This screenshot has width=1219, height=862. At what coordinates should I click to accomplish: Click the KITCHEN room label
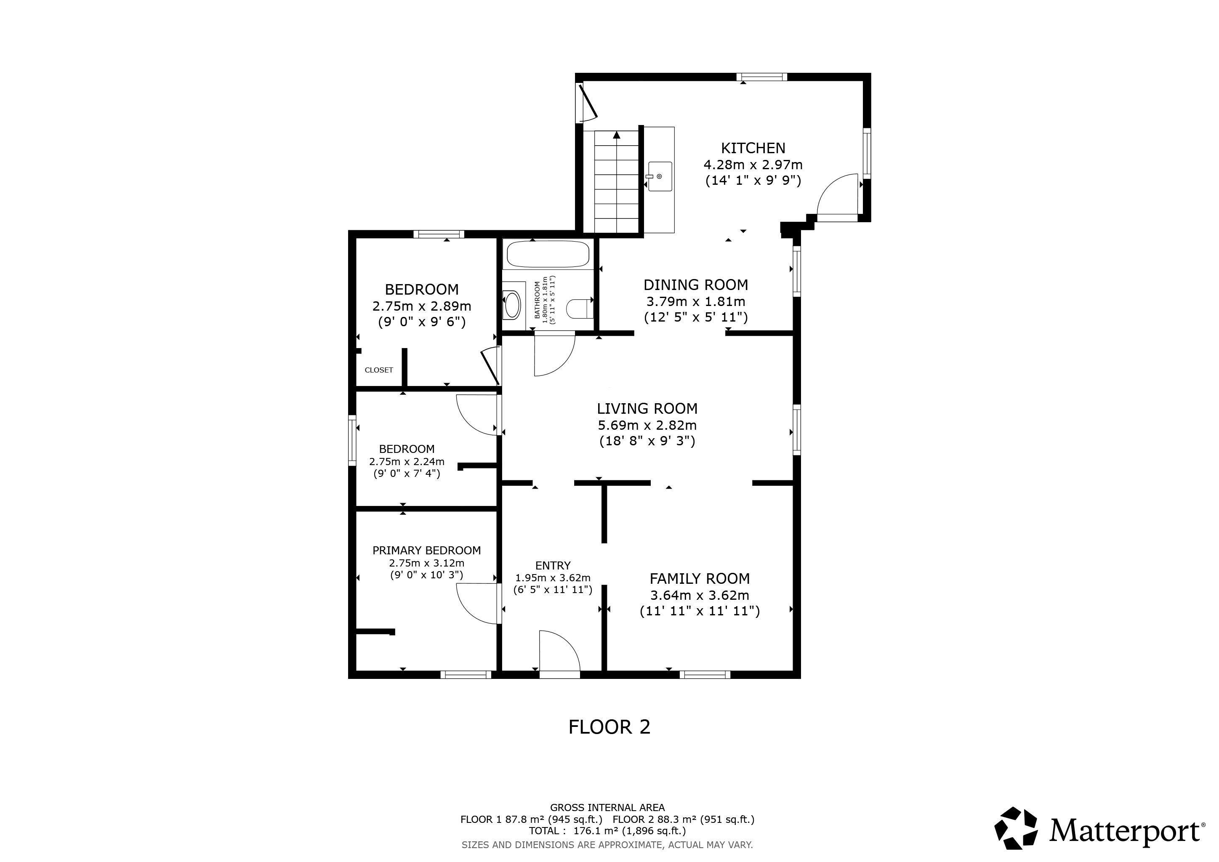753,148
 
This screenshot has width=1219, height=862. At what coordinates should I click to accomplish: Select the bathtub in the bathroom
548,254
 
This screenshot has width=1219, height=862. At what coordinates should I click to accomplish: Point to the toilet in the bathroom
579,309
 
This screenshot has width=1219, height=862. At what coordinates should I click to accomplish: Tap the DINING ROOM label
695,285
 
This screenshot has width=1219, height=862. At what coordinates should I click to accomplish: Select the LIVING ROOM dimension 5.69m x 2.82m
647,425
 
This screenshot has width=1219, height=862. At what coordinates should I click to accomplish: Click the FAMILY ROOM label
700,579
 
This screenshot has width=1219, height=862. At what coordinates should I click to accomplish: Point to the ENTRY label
553,566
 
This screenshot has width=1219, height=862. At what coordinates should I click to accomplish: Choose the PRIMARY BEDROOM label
426,551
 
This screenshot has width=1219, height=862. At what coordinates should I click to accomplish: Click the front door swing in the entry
559,652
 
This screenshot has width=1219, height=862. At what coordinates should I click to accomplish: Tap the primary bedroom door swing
477,604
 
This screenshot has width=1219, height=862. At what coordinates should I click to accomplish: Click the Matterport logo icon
1016,829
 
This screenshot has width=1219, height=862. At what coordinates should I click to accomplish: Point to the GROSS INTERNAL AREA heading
607,808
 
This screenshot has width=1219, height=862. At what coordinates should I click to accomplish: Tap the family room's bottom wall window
705,675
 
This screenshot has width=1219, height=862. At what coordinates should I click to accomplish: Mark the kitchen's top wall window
762,77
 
